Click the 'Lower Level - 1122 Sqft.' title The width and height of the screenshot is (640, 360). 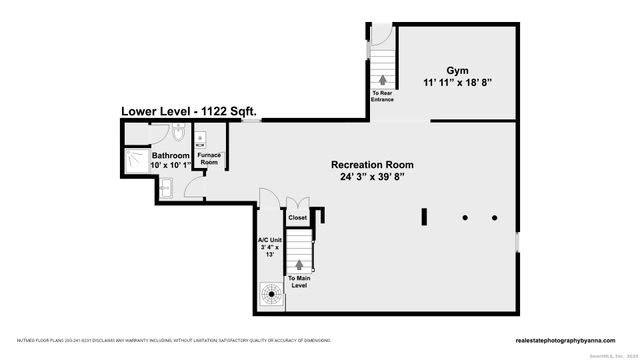(x=190, y=112)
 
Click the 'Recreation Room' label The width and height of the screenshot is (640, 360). (x=373, y=165)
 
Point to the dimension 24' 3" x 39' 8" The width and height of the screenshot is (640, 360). (x=373, y=178)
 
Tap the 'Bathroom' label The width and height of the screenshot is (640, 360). (x=171, y=156)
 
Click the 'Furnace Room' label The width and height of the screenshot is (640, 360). (x=209, y=158)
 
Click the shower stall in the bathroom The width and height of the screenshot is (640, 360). (x=135, y=157)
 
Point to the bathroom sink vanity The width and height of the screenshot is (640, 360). (x=166, y=187)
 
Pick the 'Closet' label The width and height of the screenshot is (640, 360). (x=297, y=217)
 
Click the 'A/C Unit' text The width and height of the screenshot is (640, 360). (x=269, y=240)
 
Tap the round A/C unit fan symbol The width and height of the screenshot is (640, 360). (x=271, y=292)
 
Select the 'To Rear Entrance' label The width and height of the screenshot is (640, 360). (x=383, y=97)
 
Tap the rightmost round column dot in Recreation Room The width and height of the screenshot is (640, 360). (x=493, y=217)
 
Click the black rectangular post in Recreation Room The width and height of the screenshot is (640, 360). (x=424, y=217)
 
